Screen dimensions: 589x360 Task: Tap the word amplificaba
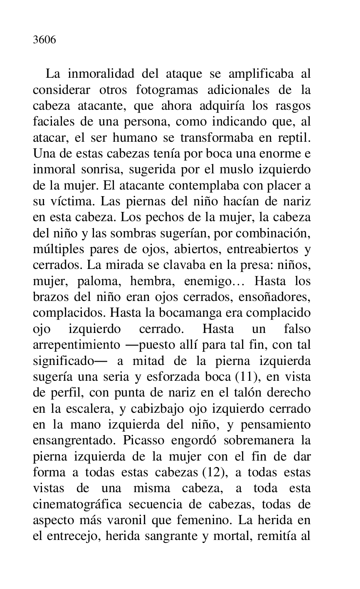click(254, 74)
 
